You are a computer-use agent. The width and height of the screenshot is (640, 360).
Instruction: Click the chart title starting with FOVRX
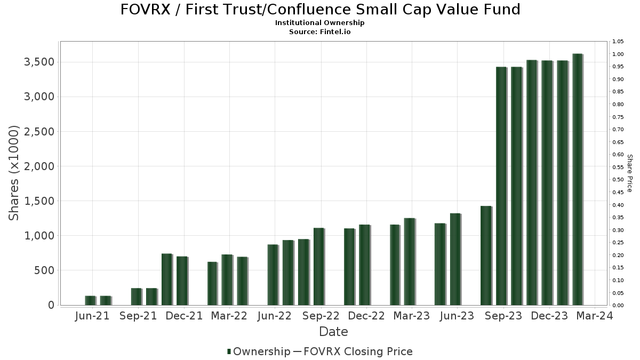pos(320,10)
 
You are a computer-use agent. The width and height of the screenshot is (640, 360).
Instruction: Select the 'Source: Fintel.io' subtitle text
pos(320,32)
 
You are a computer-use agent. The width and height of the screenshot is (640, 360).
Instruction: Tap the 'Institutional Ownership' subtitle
pos(320,23)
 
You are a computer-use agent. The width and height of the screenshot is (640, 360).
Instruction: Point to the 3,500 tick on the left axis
pos(40,62)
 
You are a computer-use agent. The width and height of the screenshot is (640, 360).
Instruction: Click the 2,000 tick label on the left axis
pos(40,166)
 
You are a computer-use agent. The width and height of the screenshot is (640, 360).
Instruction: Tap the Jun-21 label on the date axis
pos(92,316)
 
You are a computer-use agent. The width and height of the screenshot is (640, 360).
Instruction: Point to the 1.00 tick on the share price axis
pos(618,54)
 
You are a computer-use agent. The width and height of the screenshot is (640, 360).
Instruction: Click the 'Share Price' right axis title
pos(629,173)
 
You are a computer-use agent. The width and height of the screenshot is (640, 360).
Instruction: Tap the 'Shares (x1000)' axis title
pos(14,173)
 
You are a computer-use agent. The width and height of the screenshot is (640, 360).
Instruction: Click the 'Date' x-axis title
pos(333,332)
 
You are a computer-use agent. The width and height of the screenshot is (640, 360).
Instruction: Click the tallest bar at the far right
pos(577,179)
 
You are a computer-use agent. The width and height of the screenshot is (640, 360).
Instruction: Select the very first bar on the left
pos(90,300)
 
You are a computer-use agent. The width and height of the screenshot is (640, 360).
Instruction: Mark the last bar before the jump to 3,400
pos(485,255)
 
